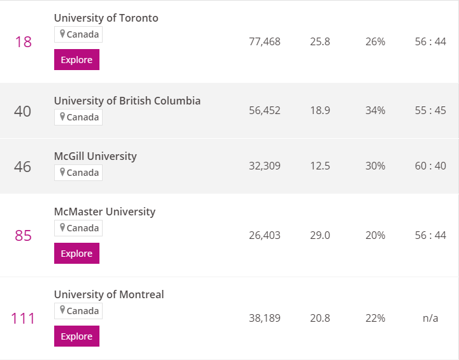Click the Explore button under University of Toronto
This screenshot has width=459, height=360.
tap(76, 60)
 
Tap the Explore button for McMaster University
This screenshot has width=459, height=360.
tap(76, 253)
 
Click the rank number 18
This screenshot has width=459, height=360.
tap(24, 42)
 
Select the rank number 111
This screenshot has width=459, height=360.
tap(23, 318)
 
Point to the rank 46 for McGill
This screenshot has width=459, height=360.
tap(22, 167)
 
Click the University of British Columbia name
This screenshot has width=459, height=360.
tap(127, 101)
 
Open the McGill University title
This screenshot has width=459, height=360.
tap(96, 156)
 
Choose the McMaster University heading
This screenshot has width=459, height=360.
tap(105, 212)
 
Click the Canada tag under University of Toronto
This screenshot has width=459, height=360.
tap(78, 34)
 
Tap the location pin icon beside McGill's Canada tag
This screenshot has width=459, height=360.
tap(62, 172)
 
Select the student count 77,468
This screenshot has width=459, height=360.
tap(265, 42)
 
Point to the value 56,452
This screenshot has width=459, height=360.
tap(265, 111)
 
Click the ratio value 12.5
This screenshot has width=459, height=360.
tap(320, 166)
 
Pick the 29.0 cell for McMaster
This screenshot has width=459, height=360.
tap(320, 235)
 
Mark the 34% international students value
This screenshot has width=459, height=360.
tap(375, 111)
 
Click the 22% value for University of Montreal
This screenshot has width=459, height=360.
tap(375, 318)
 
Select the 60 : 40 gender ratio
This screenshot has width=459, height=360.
tap(430, 166)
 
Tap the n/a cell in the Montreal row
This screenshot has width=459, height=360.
tap(430, 318)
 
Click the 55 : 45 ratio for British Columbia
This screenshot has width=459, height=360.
tap(430, 111)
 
